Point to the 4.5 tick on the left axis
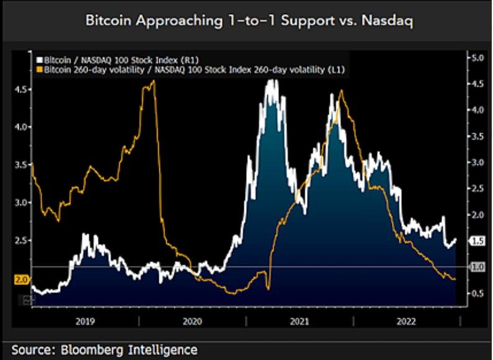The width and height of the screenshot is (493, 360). pyautogui.click(x=21, y=89)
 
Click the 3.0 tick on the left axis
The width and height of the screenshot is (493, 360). pyautogui.click(x=21, y=203)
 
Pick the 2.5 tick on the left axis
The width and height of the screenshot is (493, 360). pyautogui.click(x=21, y=240)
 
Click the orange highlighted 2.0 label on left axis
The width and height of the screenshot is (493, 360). pyautogui.click(x=21, y=279)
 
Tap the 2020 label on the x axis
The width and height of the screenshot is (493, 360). pyautogui.click(x=192, y=320)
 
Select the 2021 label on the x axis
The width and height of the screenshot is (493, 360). pyautogui.click(x=300, y=320)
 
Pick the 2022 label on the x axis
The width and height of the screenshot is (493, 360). pyautogui.click(x=407, y=320)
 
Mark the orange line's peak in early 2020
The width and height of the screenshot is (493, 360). pyautogui.click(x=153, y=81)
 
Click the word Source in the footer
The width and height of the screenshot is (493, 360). pyautogui.click(x=31, y=349)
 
